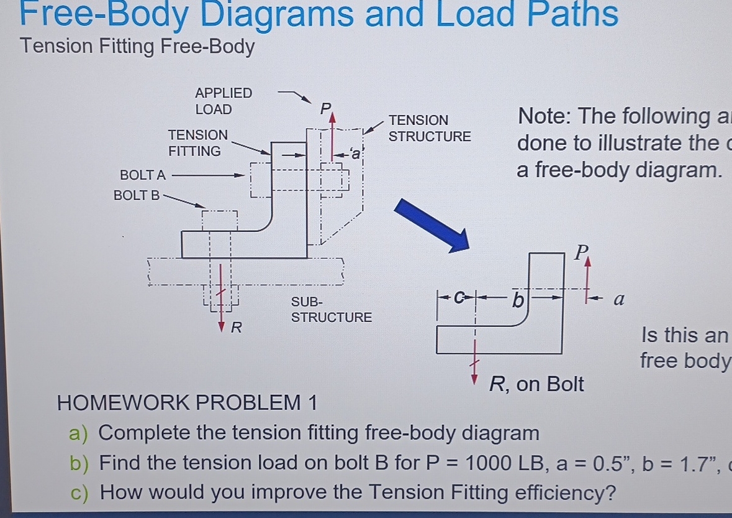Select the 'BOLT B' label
[137, 195]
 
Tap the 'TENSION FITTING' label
[197, 142]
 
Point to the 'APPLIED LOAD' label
[223, 101]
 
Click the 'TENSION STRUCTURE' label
[429, 127]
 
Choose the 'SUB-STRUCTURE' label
[331, 310]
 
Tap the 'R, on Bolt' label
[536, 384]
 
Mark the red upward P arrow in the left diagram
[333, 131]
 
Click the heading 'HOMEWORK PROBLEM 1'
[187, 403]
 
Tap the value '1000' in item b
[485, 463]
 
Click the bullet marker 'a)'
[79, 433]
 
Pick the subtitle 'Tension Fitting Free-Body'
[137, 47]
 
